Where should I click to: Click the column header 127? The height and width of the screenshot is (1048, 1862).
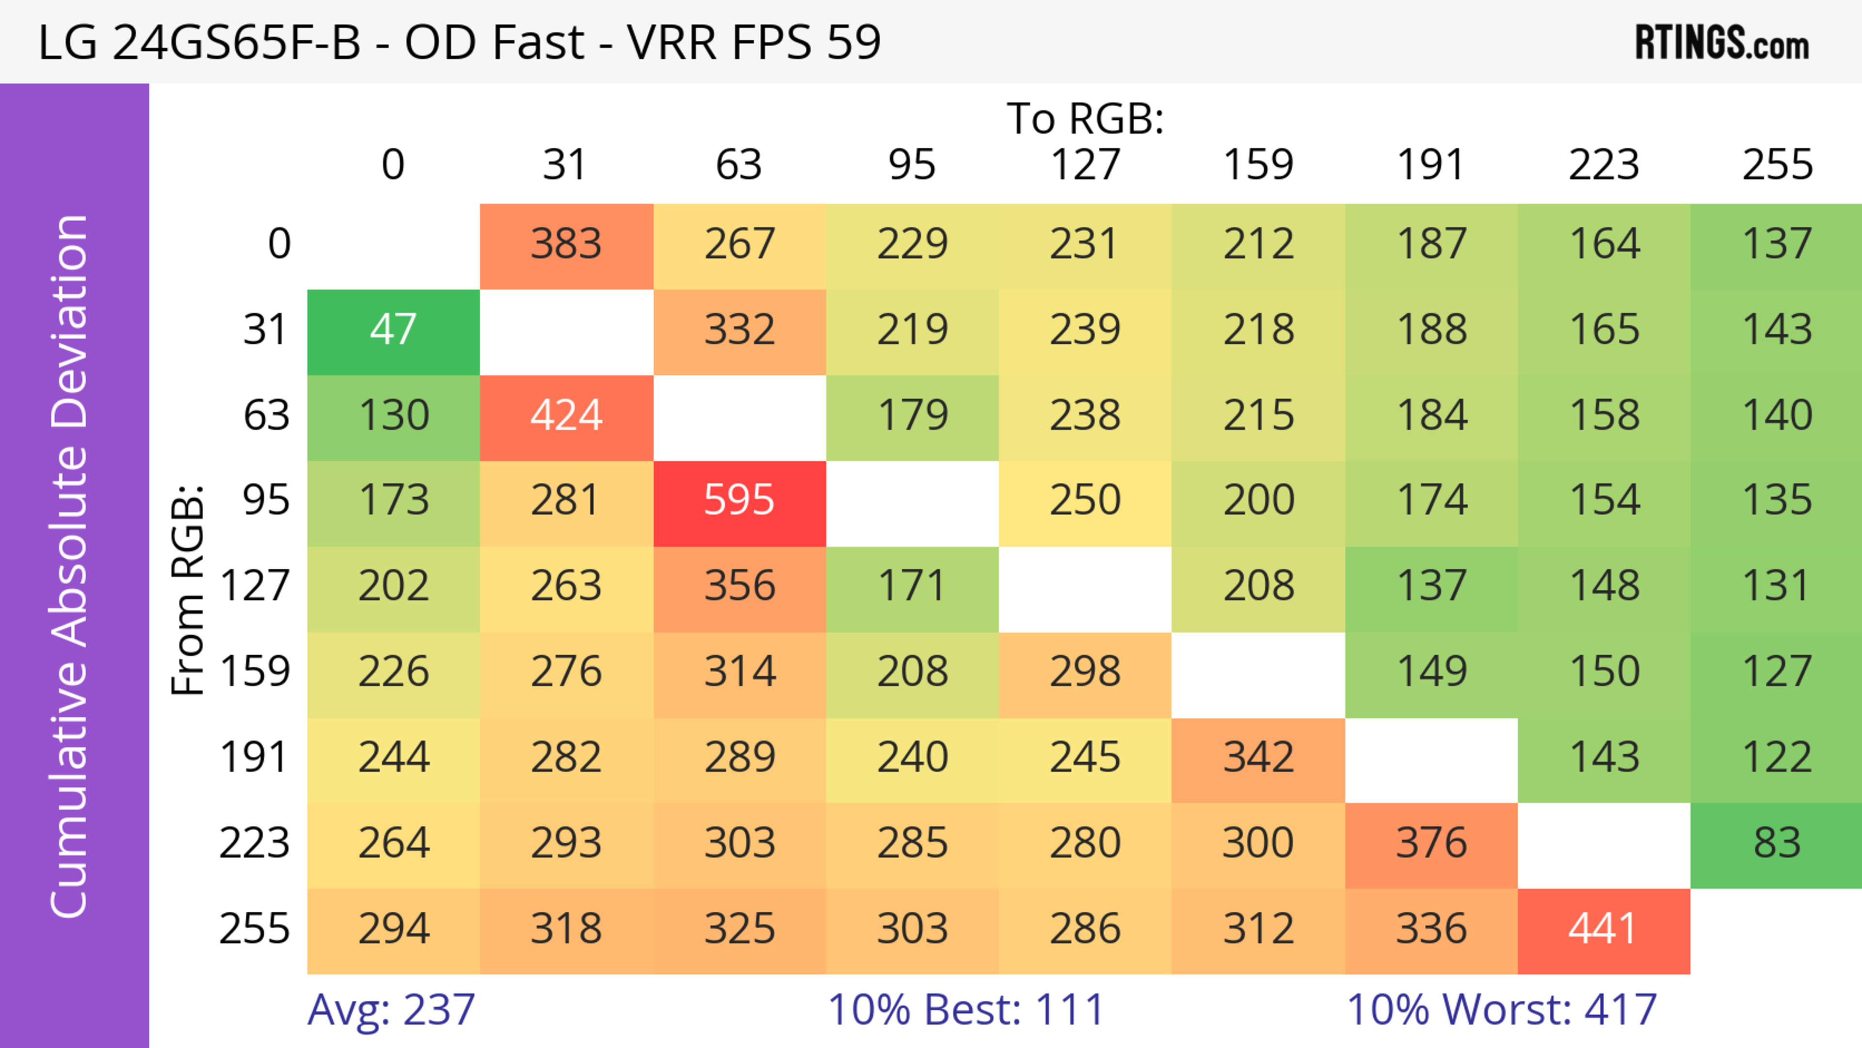(1085, 165)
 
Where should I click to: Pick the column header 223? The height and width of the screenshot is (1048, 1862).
(1603, 165)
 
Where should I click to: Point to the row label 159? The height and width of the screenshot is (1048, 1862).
(255, 672)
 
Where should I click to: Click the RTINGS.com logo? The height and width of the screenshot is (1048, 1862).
(1722, 43)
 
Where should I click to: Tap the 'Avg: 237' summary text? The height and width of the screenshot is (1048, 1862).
(391, 1010)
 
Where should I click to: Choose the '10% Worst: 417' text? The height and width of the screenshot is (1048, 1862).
(1501, 1010)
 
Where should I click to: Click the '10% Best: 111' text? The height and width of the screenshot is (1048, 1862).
(966, 1010)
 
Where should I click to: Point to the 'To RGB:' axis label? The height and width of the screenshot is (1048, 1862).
(1085, 118)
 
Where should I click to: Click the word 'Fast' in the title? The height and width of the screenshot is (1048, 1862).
(538, 43)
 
